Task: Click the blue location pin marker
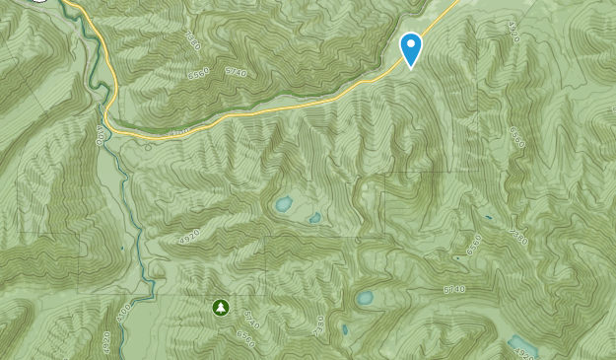pyautogui.click(x=411, y=47)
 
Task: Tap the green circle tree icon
pyautogui.click(x=220, y=308)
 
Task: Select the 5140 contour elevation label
pyautogui.click(x=453, y=289)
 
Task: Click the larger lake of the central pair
pyautogui.click(x=283, y=205)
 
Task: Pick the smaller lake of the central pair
pyautogui.click(x=313, y=218)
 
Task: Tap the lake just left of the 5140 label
pyautogui.click(x=365, y=297)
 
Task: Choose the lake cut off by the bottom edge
pyautogui.click(x=519, y=345)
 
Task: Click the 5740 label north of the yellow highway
pyautogui.click(x=235, y=72)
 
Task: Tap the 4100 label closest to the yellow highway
pyautogui.click(x=101, y=131)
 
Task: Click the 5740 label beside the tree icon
pyautogui.click(x=249, y=319)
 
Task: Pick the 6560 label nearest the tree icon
pyautogui.click(x=246, y=338)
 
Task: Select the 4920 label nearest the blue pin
pyautogui.click(x=512, y=31)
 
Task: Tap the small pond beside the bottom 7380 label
pyautogui.click(x=345, y=330)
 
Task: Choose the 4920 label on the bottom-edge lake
pyautogui.click(x=526, y=352)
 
